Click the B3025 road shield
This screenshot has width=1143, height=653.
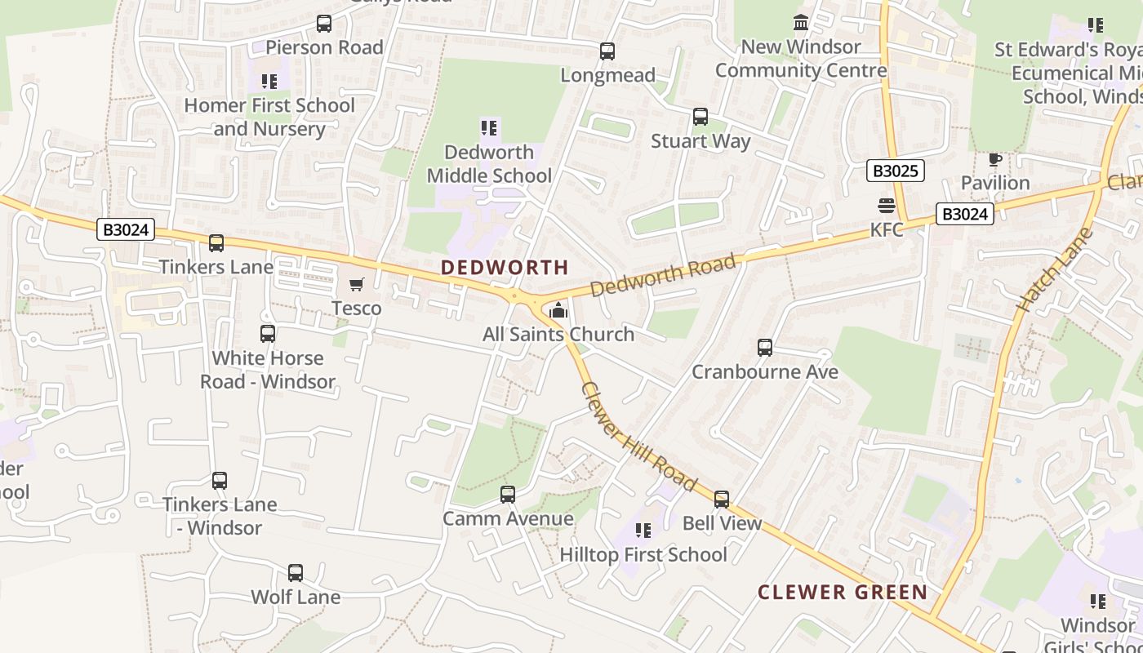point(895,171)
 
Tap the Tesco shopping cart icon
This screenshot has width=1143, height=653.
point(356,284)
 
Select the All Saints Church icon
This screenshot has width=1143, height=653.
point(558,310)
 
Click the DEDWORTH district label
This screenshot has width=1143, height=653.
point(505,267)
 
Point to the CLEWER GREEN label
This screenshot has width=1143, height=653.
point(843,593)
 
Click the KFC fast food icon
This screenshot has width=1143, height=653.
point(887,206)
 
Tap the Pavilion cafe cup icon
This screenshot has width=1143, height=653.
point(994,158)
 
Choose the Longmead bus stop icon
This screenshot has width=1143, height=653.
point(607,51)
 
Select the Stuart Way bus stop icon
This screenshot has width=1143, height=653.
point(700,117)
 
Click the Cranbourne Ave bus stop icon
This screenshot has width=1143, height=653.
point(765,348)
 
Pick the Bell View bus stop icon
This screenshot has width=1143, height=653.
point(722,499)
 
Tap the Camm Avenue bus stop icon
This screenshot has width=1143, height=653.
point(508,495)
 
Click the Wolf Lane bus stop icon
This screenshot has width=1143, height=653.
point(296,573)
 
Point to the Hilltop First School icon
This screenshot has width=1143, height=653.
point(643,531)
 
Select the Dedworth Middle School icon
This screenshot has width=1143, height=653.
point(489,128)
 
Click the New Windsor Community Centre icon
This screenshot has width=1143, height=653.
point(801,23)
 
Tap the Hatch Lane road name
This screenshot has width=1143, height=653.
point(1055,269)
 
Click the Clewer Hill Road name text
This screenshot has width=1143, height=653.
point(638,438)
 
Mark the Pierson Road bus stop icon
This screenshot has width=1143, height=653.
point(324,24)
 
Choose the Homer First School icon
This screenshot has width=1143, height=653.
point(269,82)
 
